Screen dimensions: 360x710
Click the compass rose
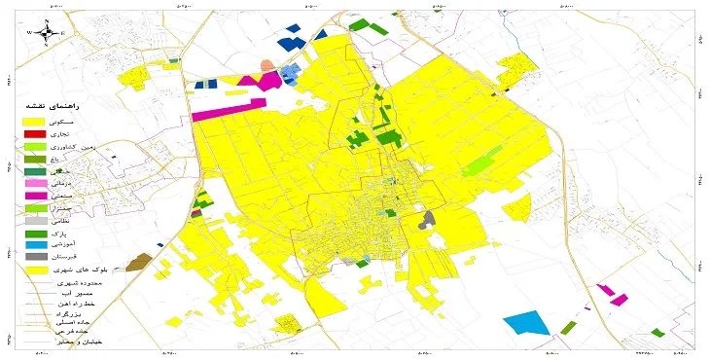pyautogui.click(x=46, y=31)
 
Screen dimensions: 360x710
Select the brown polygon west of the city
pyautogui.click(x=139, y=261)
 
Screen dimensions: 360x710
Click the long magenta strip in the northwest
pyautogui.click(x=229, y=108)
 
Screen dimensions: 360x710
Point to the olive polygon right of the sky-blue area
pyautogui.click(x=568, y=328)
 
